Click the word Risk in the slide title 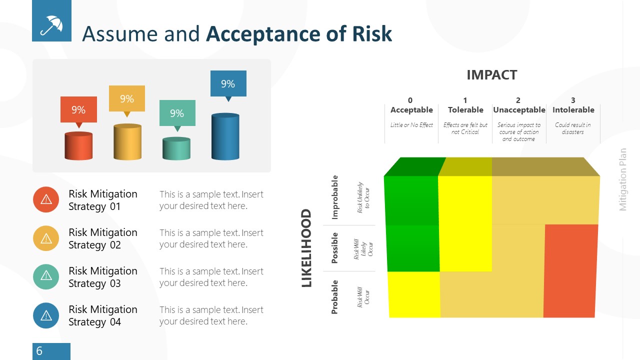click(371, 34)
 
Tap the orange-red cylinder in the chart click(78, 146)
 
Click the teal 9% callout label click(177, 113)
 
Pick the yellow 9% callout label click(127, 99)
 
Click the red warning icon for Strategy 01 click(46, 199)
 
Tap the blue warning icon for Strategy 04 click(46, 315)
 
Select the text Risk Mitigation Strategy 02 click(102, 238)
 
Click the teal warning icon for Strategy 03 click(46, 276)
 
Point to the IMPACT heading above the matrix click(491, 75)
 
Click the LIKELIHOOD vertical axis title click(306, 248)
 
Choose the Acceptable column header click(411, 110)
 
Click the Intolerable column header click(573, 110)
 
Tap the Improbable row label click(335, 197)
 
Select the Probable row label click(334, 297)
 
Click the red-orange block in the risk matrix click(570, 270)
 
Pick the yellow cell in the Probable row click(413, 294)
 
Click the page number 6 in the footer click(39, 351)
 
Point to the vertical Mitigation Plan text click(623, 179)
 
